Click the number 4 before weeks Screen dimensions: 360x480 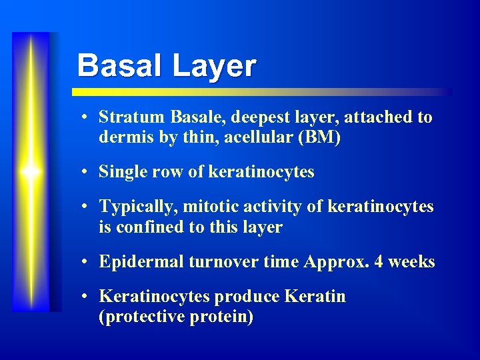click(378, 262)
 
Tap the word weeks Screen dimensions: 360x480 click(412, 262)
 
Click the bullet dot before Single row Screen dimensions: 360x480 click(87, 173)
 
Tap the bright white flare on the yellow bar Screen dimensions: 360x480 click(31, 172)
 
